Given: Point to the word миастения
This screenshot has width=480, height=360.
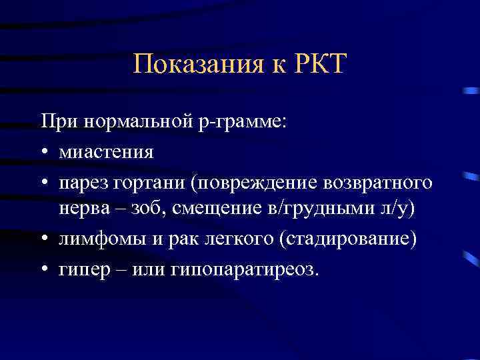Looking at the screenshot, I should pyautogui.click(x=106, y=153).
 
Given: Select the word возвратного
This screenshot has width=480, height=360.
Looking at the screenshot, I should pyautogui.click(x=374, y=181).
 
